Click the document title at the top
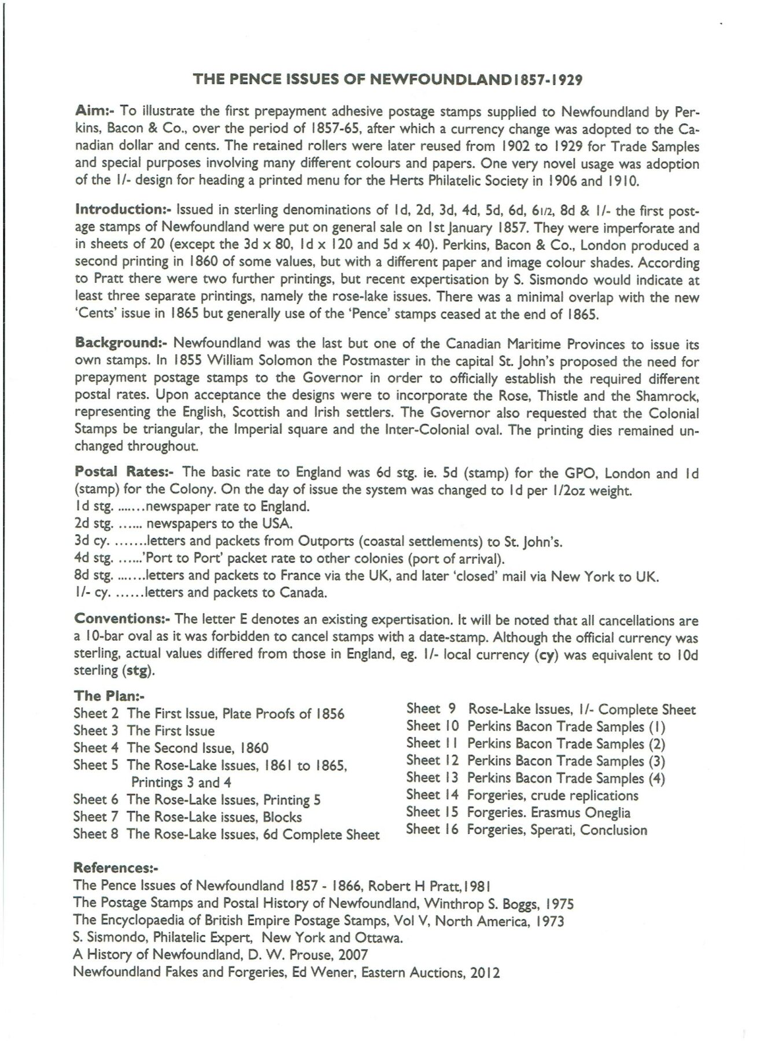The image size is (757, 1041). tap(387, 79)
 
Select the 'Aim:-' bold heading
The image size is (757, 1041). tap(95, 111)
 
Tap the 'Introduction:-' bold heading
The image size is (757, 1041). tap(124, 209)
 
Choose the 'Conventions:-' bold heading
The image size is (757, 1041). tap(122, 618)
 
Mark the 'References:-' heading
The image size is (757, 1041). tap(116, 867)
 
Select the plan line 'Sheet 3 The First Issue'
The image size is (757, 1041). tap(144, 731)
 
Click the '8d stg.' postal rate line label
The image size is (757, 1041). tap(94, 577)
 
